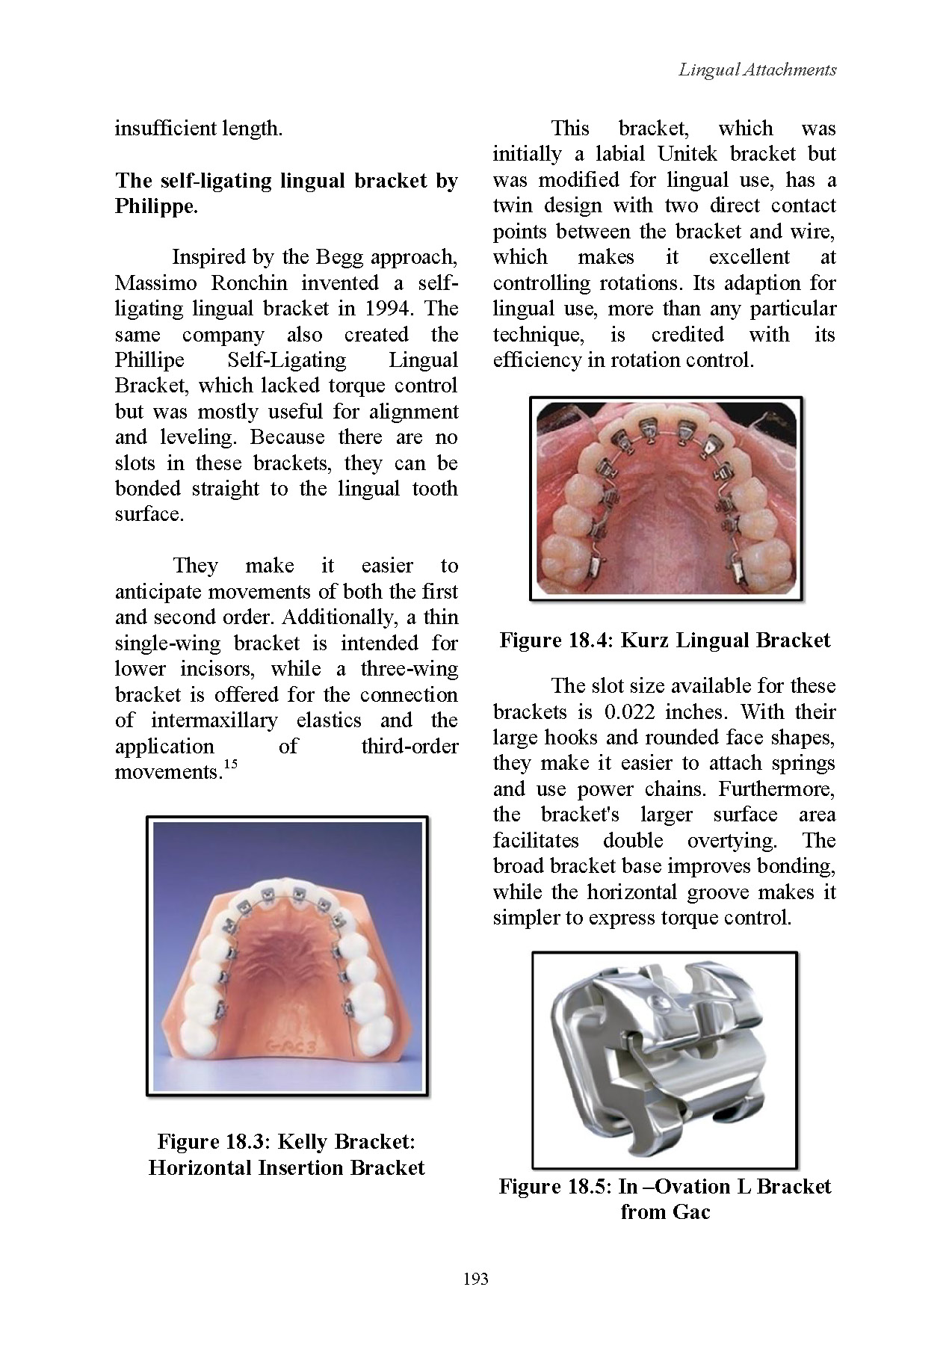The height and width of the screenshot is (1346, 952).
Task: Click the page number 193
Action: (x=475, y=1278)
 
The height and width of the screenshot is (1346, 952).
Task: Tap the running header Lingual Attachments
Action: (x=757, y=70)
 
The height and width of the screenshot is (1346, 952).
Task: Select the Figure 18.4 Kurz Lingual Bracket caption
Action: (x=664, y=640)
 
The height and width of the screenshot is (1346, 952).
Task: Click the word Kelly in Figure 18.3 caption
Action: (x=303, y=1142)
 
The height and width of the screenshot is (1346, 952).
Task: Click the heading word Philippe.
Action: (x=156, y=206)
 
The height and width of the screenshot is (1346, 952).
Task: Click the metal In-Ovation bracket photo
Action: (x=664, y=1059)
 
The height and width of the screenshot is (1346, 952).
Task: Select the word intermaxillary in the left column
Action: (x=214, y=720)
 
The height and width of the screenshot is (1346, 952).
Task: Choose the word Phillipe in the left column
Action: (x=149, y=360)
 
